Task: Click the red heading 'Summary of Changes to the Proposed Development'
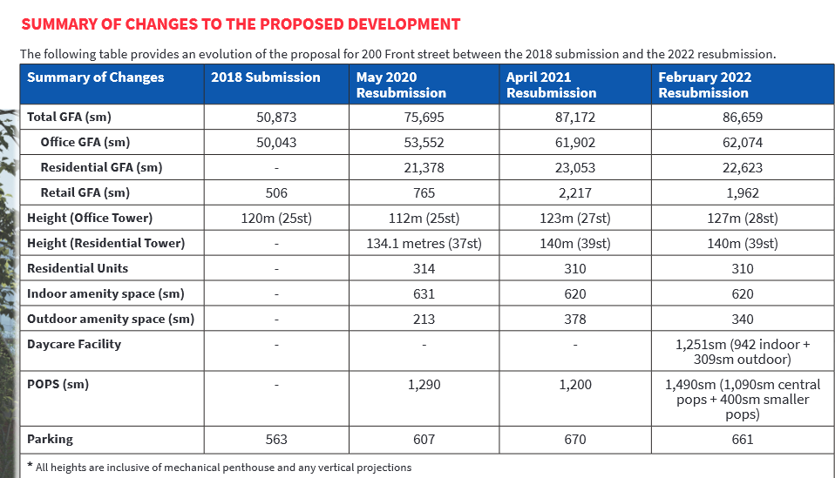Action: coord(241,24)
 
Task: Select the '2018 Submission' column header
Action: coord(266,77)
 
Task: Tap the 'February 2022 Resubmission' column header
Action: coord(704,85)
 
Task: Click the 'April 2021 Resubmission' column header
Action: coord(551,85)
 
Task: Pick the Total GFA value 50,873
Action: coord(276,117)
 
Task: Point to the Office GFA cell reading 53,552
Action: coord(424,143)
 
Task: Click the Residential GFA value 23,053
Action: coord(575,167)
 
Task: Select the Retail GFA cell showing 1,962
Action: coord(743,193)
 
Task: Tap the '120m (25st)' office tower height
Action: coord(276,218)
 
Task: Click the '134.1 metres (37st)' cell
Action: coord(424,244)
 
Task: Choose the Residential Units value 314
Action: coord(424,268)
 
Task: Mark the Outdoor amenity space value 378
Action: coord(575,319)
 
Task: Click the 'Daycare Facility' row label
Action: coord(74,344)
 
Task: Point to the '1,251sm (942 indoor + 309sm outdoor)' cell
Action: coord(743,352)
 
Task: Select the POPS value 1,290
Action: coord(424,385)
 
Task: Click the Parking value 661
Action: coord(743,439)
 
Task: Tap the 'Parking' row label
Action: coord(50,439)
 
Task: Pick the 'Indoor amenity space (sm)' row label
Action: coord(105,294)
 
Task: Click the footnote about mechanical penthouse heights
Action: coord(220,468)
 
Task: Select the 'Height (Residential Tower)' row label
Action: coord(106,244)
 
